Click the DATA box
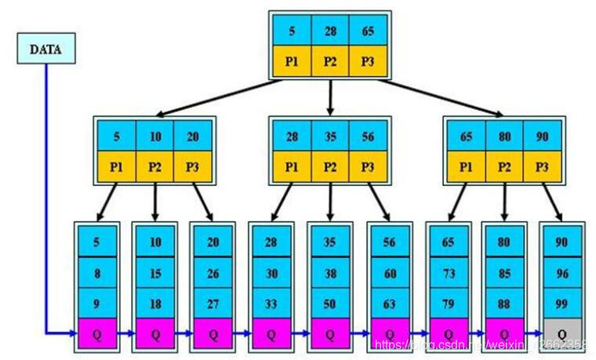pyautogui.click(x=45, y=49)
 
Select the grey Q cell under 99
pyautogui.click(x=561, y=333)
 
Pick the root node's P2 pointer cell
pyautogui.click(x=330, y=61)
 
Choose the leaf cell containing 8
pyautogui.click(x=96, y=272)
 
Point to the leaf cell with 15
pyautogui.click(x=155, y=272)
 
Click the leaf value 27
pyautogui.click(x=213, y=303)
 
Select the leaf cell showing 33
pyautogui.click(x=271, y=303)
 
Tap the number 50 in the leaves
pyautogui.click(x=330, y=303)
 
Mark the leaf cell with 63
pyautogui.click(x=389, y=303)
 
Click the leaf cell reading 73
pyautogui.click(x=448, y=272)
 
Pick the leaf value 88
pyautogui.click(x=504, y=303)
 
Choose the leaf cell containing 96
pyautogui.click(x=561, y=272)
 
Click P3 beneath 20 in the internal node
pyautogui.click(x=193, y=165)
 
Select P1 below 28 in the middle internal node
pyautogui.click(x=292, y=165)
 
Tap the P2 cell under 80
pyautogui.click(x=504, y=165)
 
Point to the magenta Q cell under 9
pyautogui.click(x=96, y=333)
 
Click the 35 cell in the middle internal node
pyautogui.click(x=330, y=136)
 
